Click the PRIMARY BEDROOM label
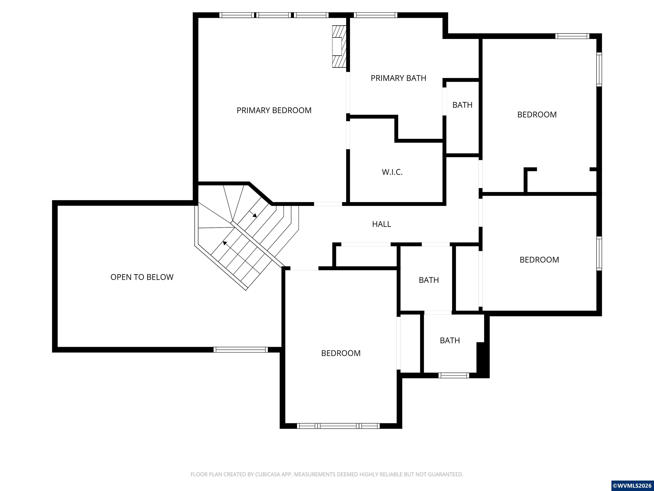coord(274,110)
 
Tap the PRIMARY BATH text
coord(399,78)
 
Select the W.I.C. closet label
coord(392,172)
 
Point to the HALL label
coord(381,224)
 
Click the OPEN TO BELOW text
coord(142,277)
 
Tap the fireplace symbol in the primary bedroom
coord(339,46)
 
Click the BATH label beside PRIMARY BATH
coord(462,105)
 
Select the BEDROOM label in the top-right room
coord(537,114)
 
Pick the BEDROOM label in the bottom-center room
coord(341,353)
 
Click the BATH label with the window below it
coord(450,340)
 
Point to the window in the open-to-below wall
coord(241,349)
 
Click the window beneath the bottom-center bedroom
coord(338,426)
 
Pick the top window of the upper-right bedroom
coord(572,36)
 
